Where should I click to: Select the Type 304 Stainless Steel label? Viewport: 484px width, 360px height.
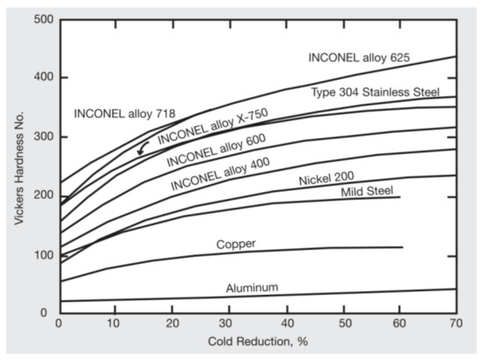pyautogui.click(x=381, y=92)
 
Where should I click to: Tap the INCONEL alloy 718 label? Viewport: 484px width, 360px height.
pyautogui.click(x=124, y=113)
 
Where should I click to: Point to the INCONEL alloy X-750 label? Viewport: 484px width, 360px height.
pyautogui.click(x=212, y=127)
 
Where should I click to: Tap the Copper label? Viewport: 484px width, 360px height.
pyautogui.click(x=236, y=244)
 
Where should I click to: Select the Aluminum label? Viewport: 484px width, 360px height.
pyautogui.click(x=253, y=287)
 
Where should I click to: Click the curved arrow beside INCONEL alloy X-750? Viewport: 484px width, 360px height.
pyautogui.click(x=142, y=149)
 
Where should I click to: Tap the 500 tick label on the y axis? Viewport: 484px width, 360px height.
pyautogui.click(x=39, y=18)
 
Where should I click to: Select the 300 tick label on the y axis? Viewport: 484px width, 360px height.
pyautogui.click(x=39, y=136)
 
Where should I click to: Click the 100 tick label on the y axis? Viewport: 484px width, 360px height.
pyautogui.click(x=39, y=254)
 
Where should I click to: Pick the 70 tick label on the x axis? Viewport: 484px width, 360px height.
pyautogui.click(x=455, y=323)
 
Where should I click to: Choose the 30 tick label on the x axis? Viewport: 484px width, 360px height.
pyautogui.click(x=229, y=323)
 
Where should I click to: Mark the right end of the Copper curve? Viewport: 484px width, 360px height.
pyautogui.click(x=402, y=247)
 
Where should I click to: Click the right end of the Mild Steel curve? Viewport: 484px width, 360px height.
pyautogui.click(x=400, y=197)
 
